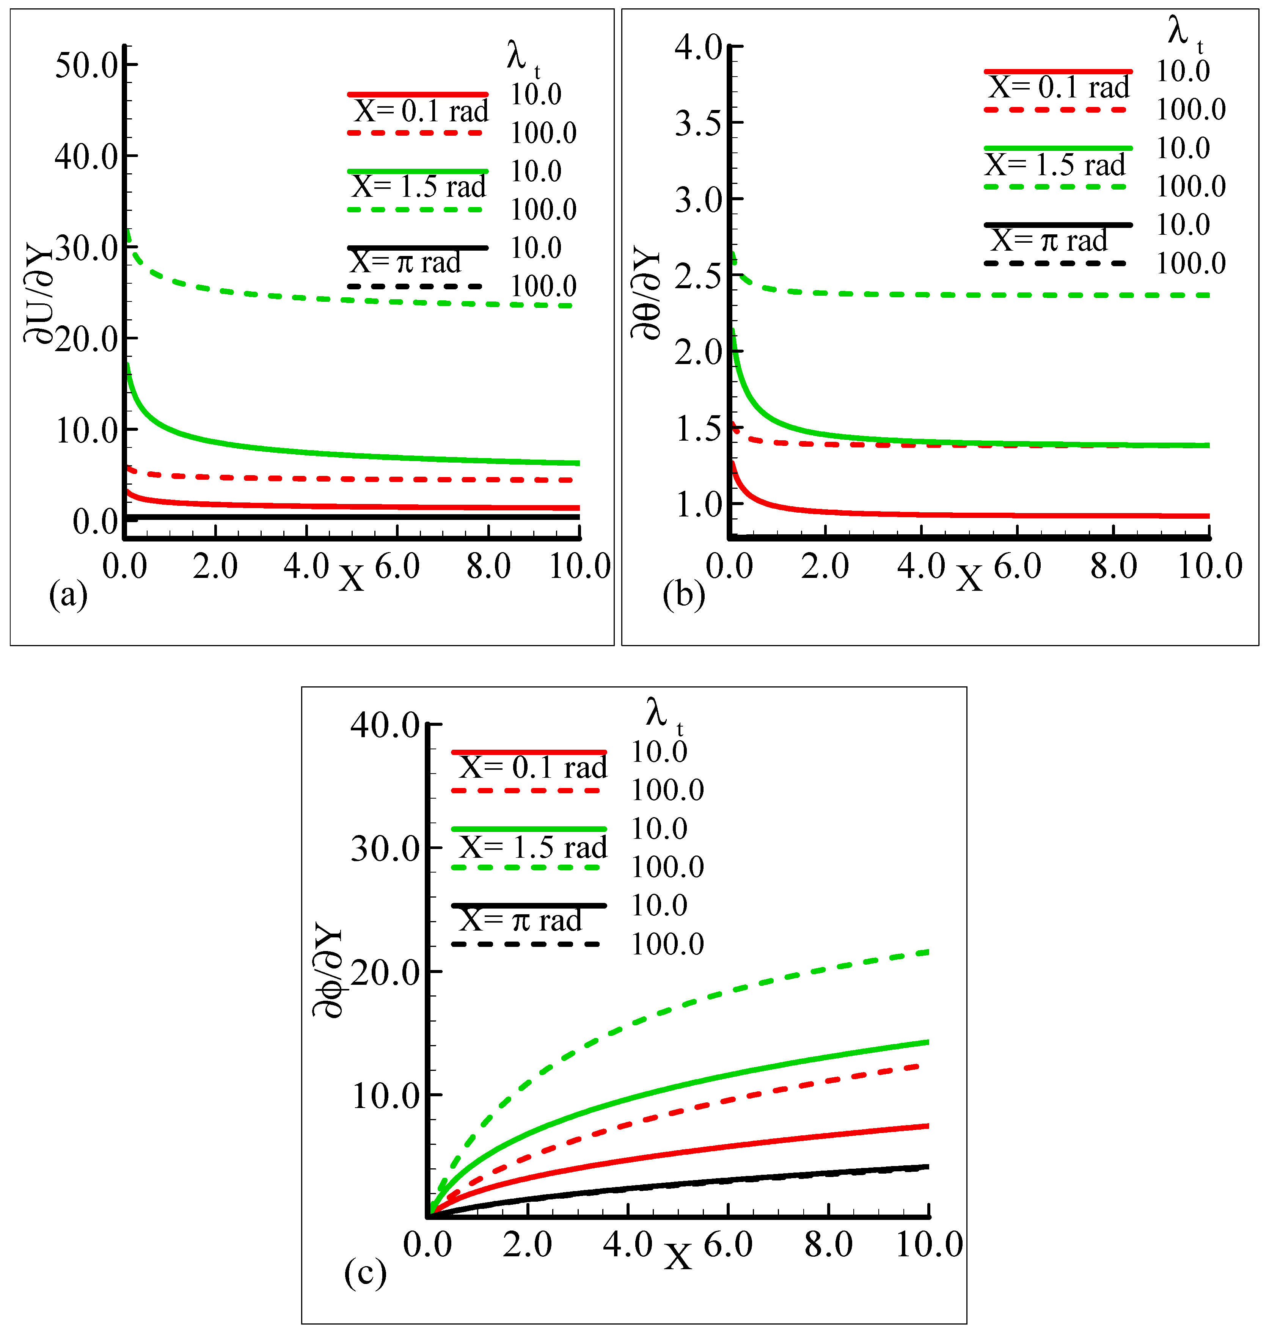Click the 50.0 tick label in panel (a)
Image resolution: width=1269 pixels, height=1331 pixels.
[86, 66]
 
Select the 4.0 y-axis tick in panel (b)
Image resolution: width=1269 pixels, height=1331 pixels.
[699, 47]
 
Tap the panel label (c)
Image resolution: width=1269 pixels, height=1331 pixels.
[365, 1273]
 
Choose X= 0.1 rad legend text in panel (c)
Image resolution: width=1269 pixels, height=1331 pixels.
[533, 767]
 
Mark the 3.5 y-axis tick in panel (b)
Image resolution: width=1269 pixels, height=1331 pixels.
[699, 124]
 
